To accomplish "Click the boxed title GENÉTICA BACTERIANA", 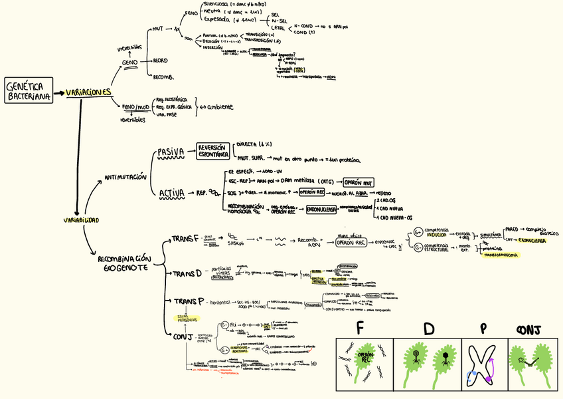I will coord(29,92).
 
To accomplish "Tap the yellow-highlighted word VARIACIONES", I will coord(88,92).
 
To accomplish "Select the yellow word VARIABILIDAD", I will coord(81,219).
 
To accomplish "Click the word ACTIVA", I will coord(172,194).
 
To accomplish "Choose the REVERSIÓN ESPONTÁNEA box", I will coord(213,151).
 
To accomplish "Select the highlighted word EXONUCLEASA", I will coord(532,241).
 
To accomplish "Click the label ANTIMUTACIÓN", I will coord(125,177).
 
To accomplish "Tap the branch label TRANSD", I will coord(187,273).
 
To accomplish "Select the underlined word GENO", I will coord(130,63).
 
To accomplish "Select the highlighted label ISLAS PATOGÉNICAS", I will coord(183,319).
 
